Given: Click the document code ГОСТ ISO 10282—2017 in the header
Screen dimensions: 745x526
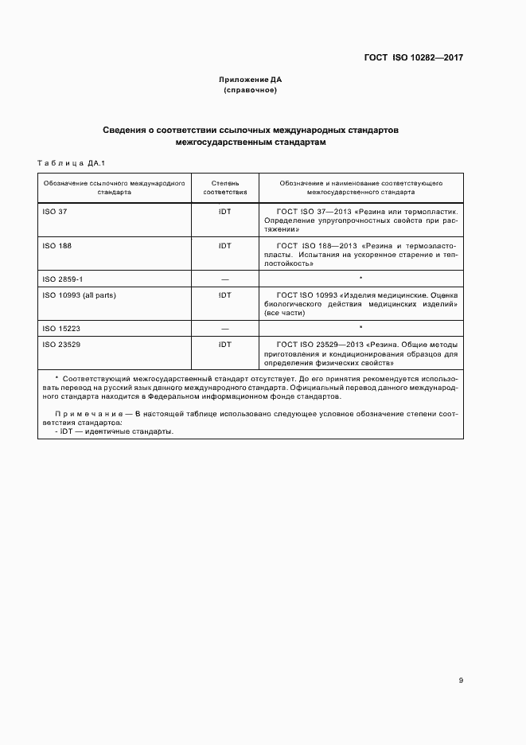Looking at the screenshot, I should pyautogui.click(x=414, y=57).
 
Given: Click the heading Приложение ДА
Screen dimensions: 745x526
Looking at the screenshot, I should pyautogui.click(x=251, y=80).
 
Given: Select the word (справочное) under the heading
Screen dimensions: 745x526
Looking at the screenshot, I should pyautogui.click(x=251, y=90).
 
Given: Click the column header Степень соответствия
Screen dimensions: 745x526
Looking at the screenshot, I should pyautogui.click(x=224, y=187).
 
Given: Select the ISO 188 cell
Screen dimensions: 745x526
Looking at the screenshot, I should pyautogui.click(x=57, y=246).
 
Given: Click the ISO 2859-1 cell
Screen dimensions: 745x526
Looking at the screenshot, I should pyautogui.click(x=62, y=279).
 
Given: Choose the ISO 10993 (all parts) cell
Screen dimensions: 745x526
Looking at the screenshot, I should pyautogui.click(x=79, y=295).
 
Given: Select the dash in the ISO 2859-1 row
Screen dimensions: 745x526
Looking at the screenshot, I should pyautogui.click(x=224, y=279).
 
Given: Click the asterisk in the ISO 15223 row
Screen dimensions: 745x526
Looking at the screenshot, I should pyautogui.click(x=360, y=326).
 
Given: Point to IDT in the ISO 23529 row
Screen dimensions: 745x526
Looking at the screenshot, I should pyautogui.click(x=224, y=344).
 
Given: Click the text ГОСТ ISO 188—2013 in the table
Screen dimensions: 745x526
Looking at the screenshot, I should pyautogui.click(x=316, y=246).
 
